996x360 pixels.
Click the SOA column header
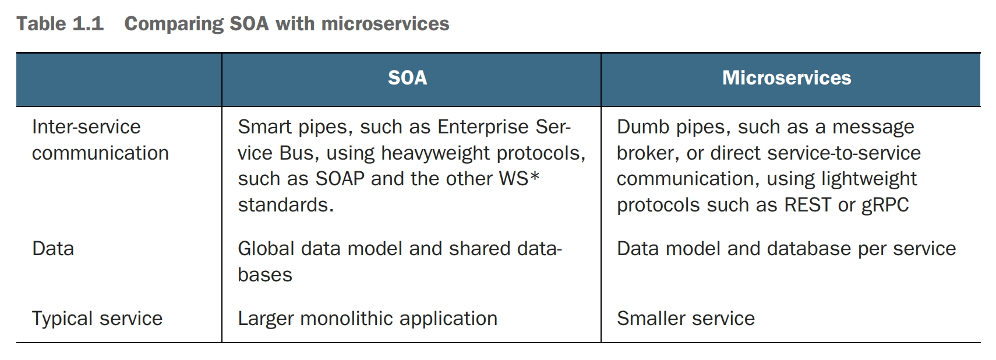click(x=407, y=78)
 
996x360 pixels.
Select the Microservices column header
click(x=786, y=78)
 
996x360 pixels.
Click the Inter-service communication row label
click(x=100, y=140)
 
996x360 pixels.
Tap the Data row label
click(x=53, y=249)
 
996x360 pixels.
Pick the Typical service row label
click(x=97, y=319)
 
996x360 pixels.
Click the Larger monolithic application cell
click(x=368, y=319)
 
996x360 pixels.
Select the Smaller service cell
click(x=686, y=319)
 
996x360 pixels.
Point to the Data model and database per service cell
click(x=786, y=249)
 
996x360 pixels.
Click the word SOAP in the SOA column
click(x=340, y=179)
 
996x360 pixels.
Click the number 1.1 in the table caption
click(x=88, y=24)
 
